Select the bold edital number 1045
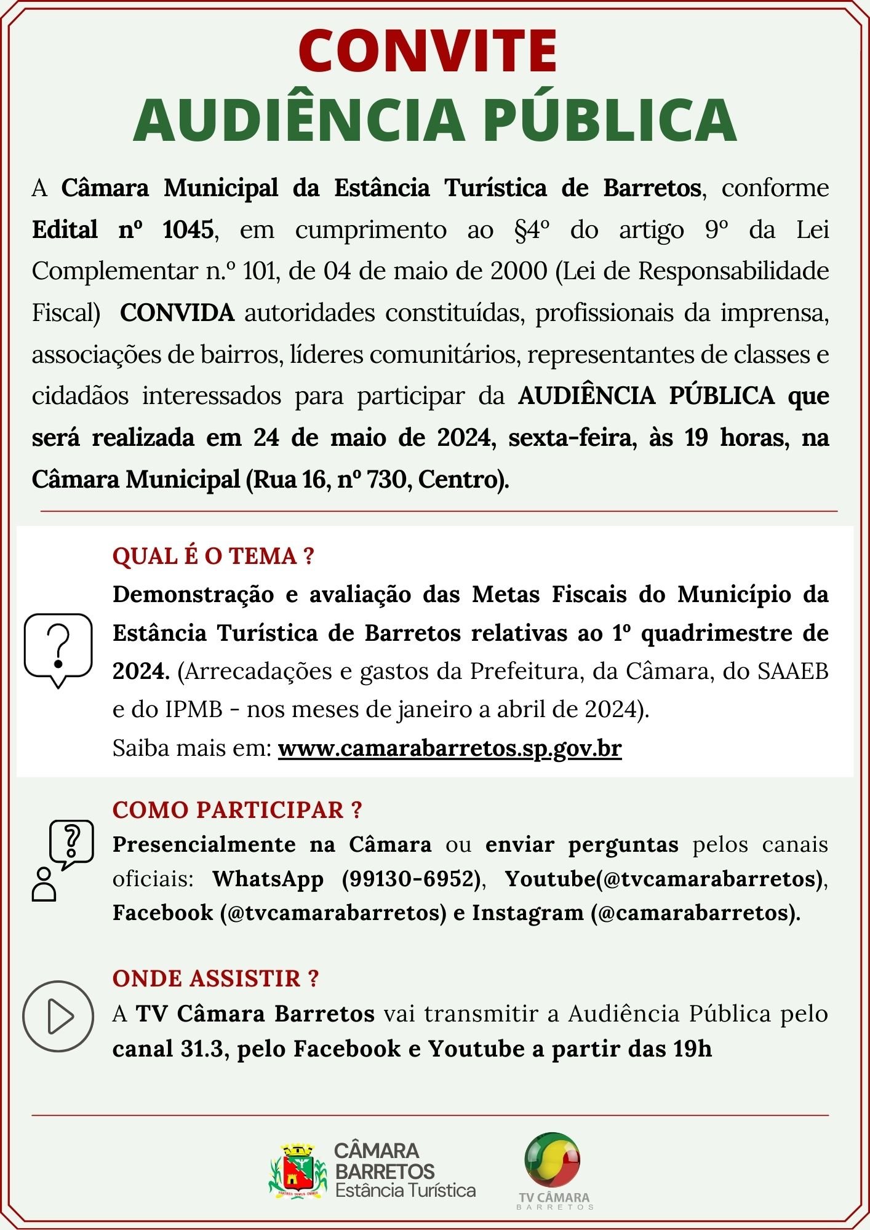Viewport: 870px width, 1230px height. pyautogui.click(x=188, y=230)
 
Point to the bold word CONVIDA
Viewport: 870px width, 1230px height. pyautogui.click(x=177, y=313)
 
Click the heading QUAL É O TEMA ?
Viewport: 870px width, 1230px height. pyautogui.click(x=213, y=556)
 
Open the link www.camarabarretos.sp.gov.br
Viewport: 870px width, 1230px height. pyautogui.click(x=450, y=748)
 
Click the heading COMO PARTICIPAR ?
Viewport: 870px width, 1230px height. pyautogui.click(x=237, y=810)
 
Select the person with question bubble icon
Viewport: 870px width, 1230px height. pyautogui.click(x=62, y=860)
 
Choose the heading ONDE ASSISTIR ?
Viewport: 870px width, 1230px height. pyautogui.click(x=215, y=978)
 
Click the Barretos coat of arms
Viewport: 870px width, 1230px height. pyautogui.click(x=298, y=1170)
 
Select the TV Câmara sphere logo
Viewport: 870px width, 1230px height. pyautogui.click(x=553, y=1159)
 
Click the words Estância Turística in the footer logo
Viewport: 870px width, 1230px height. pyautogui.click(x=405, y=1189)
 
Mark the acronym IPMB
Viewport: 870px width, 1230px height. pyautogui.click(x=194, y=710)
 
